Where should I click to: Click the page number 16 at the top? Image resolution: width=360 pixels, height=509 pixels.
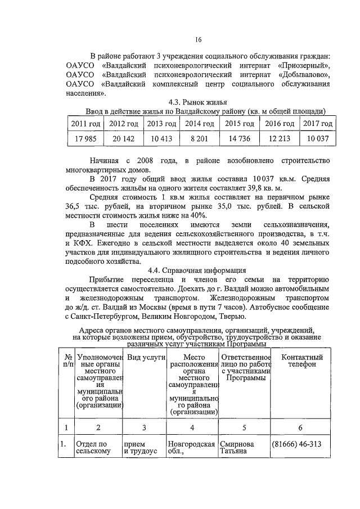point(198,39)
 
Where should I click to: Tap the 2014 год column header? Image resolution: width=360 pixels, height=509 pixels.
point(199,123)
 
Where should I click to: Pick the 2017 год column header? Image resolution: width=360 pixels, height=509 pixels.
point(317,123)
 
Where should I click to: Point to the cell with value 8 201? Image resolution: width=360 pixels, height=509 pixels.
point(199,139)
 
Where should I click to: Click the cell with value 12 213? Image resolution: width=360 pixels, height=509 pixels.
point(280,139)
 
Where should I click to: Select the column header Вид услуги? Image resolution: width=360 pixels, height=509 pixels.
point(145,358)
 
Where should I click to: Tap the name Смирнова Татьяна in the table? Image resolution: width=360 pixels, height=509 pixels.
point(237,448)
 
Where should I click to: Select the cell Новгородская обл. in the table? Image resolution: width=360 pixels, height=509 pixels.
point(192,448)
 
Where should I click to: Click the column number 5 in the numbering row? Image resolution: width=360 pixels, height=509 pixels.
point(245,428)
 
